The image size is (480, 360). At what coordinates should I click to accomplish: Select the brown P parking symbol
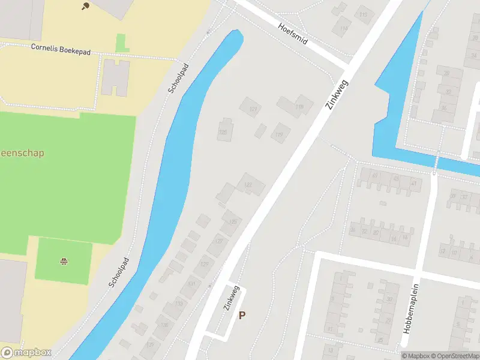[242, 315]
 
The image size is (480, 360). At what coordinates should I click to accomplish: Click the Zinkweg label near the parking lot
[232, 297]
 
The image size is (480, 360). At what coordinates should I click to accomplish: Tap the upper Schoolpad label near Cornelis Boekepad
[179, 78]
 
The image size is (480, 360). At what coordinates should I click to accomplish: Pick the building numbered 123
[248, 184]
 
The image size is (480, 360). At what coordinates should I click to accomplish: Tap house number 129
[205, 265]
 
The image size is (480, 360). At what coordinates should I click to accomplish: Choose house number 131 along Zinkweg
[191, 284]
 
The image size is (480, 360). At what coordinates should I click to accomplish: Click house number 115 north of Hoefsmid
[363, 14]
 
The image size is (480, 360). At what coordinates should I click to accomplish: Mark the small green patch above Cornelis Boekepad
[122, 43]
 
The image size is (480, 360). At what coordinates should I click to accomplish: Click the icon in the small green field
[63, 261]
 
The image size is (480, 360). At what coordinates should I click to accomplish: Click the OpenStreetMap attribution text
[454, 356]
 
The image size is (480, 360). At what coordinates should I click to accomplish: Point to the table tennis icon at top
[85, 6]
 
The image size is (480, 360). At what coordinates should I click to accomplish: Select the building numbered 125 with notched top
[225, 130]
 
